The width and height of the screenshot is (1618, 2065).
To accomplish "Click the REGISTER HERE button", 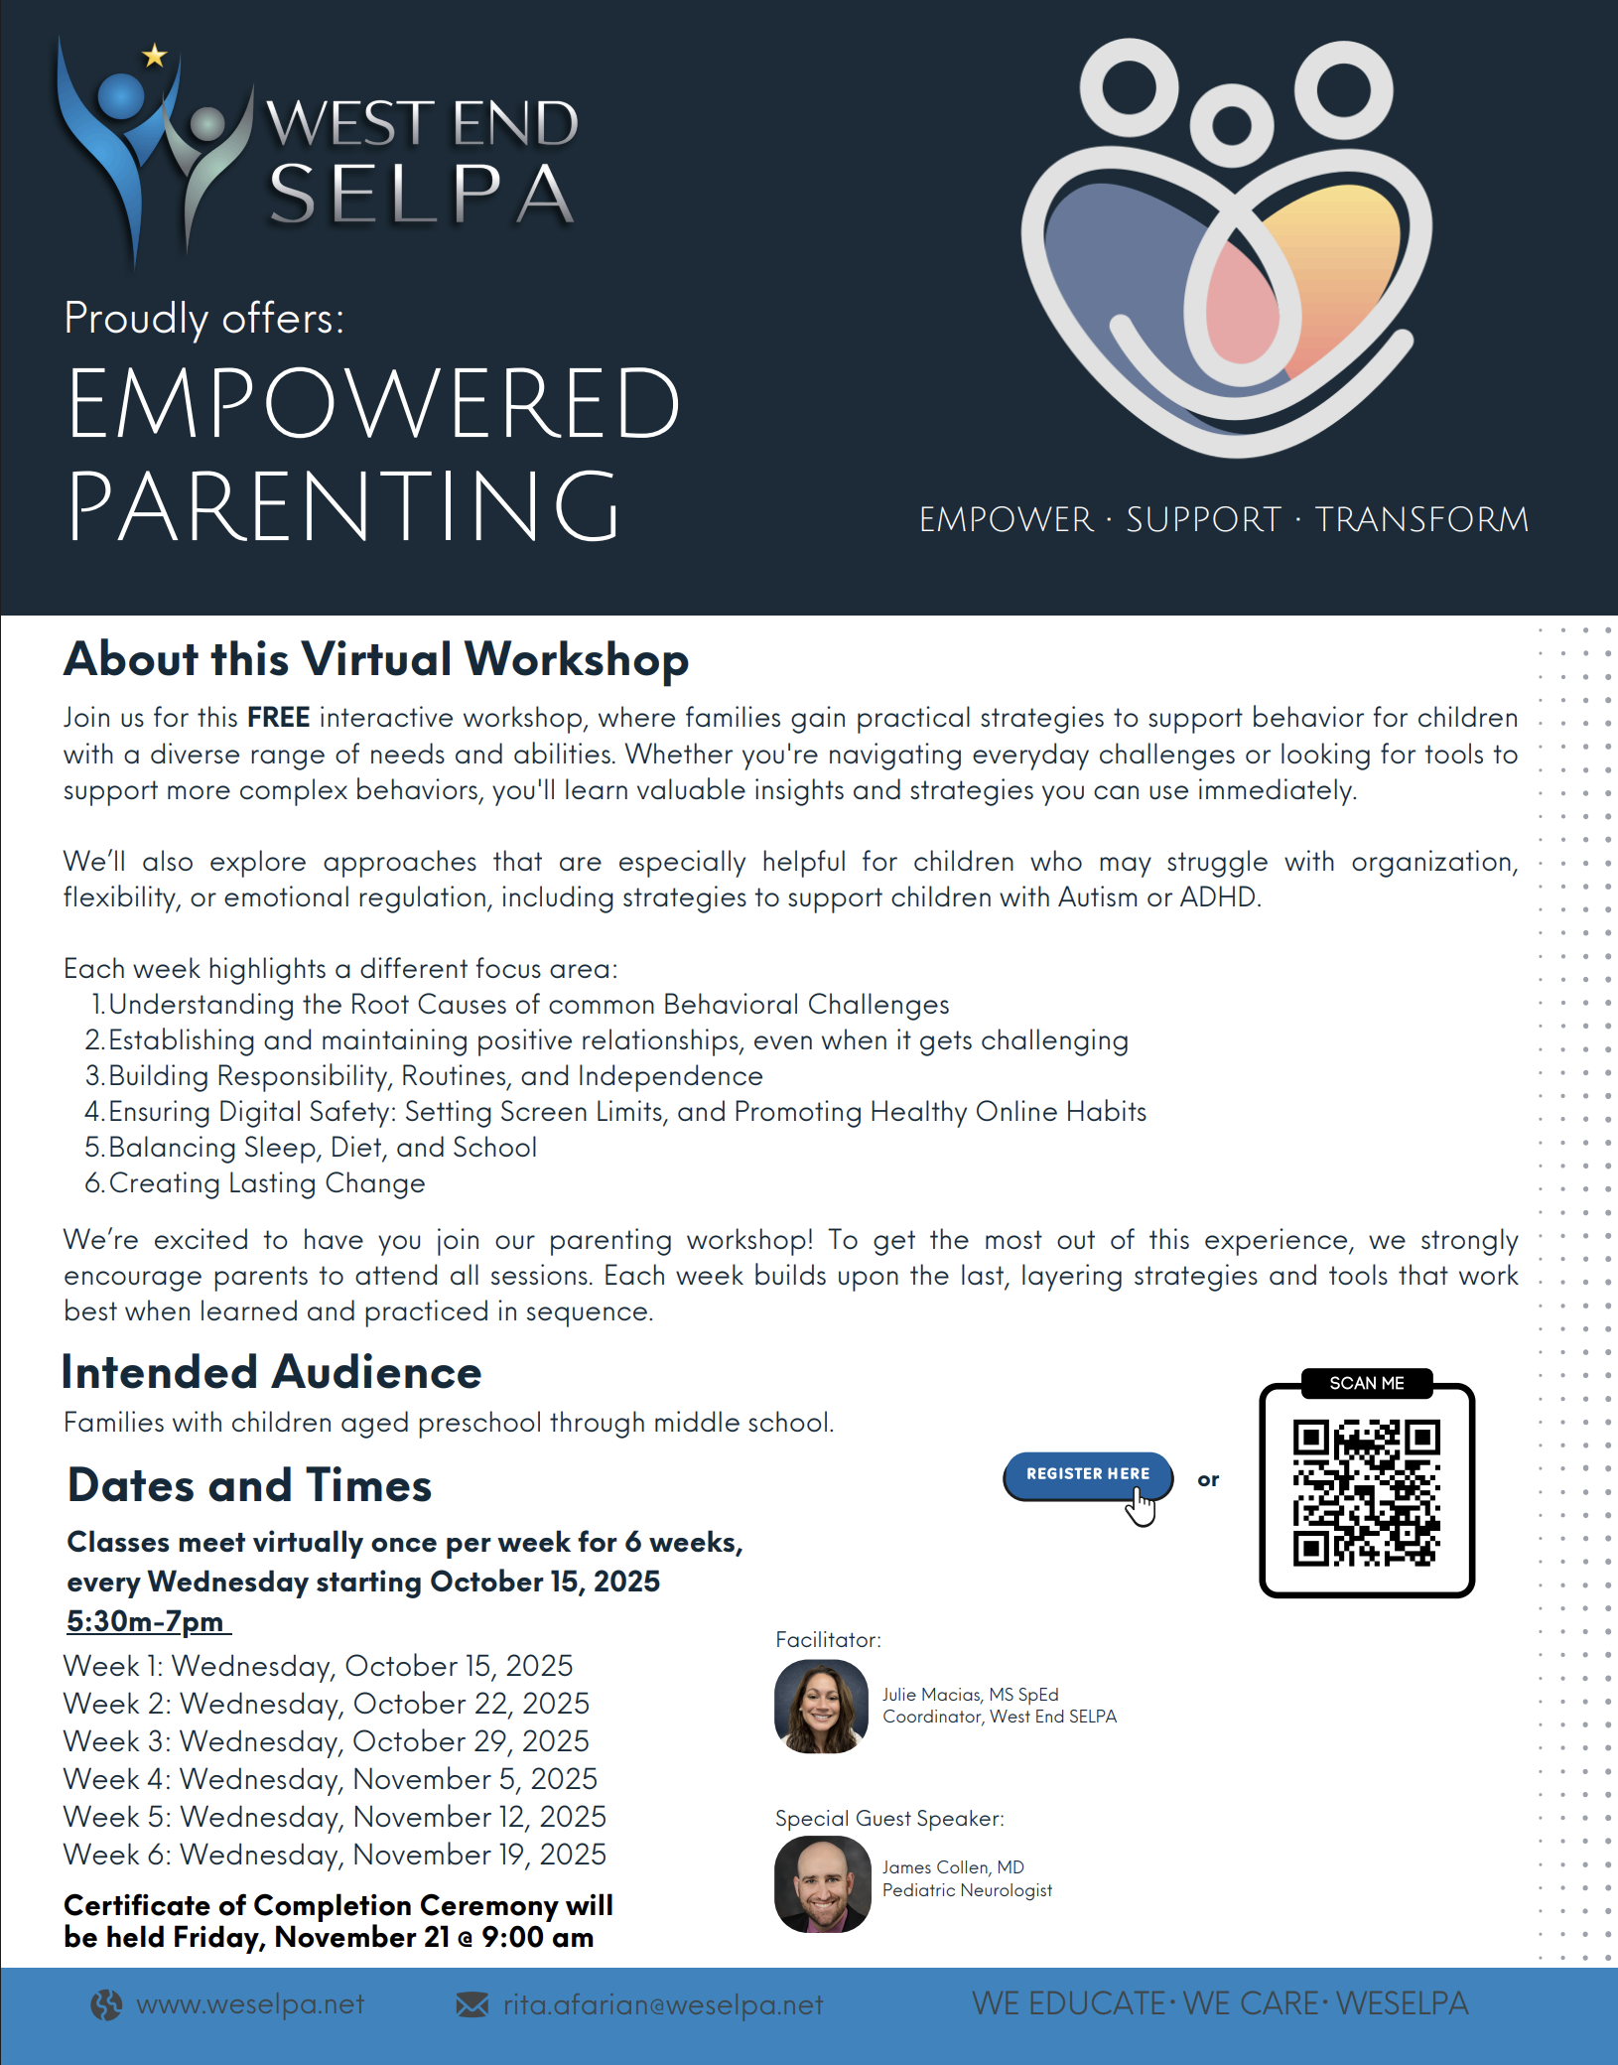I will click(1087, 1474).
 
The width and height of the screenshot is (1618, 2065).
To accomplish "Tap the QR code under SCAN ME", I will click(1366, 1493).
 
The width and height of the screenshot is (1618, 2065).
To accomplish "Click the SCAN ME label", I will click(1366, 1383).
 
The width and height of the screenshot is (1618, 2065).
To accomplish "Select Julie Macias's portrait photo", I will click(821, 1706).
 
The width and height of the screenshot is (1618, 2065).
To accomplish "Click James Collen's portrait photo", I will click(822, 1883).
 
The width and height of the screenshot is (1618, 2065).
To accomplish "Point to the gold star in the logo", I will click(155, 56).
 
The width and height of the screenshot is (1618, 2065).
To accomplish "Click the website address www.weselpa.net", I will click(250, 2004).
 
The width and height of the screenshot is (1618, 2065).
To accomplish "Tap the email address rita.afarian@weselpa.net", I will click(662, 2005).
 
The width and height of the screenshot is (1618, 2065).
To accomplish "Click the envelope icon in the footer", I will click(472, 2004).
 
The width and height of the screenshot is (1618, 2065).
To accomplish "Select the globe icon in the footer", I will click(106, 2005).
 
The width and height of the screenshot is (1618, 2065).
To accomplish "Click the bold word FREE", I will click(278, 717).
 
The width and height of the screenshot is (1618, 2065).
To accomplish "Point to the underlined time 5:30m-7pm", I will click(146, 1621).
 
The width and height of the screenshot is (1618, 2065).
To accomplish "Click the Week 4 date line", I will click(330, 1779).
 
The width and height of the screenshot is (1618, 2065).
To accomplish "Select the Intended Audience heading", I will click(271, 1372).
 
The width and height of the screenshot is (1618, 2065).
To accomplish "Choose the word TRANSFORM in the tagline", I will click(1420, 519).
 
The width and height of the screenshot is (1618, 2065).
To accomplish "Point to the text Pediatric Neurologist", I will click(967, 1890).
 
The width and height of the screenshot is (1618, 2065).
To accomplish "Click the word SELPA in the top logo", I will click(421, 194).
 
